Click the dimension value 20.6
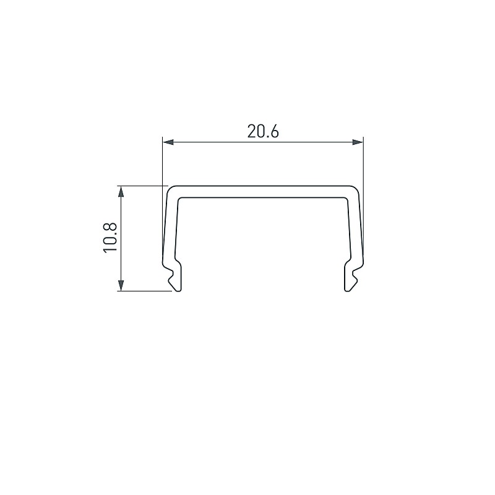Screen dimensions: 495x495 (263, 132)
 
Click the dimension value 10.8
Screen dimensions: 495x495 (110, 238)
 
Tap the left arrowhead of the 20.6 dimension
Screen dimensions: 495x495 (168, 142)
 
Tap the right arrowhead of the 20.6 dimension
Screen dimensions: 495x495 (358, 142)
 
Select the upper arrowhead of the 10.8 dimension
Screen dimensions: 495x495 (121, 192)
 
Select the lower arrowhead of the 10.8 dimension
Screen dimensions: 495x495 (121, 285)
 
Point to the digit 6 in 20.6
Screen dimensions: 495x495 (274, 132)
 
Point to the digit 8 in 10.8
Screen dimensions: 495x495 (110, 228)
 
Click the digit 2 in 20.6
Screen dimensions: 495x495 (252, 132)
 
